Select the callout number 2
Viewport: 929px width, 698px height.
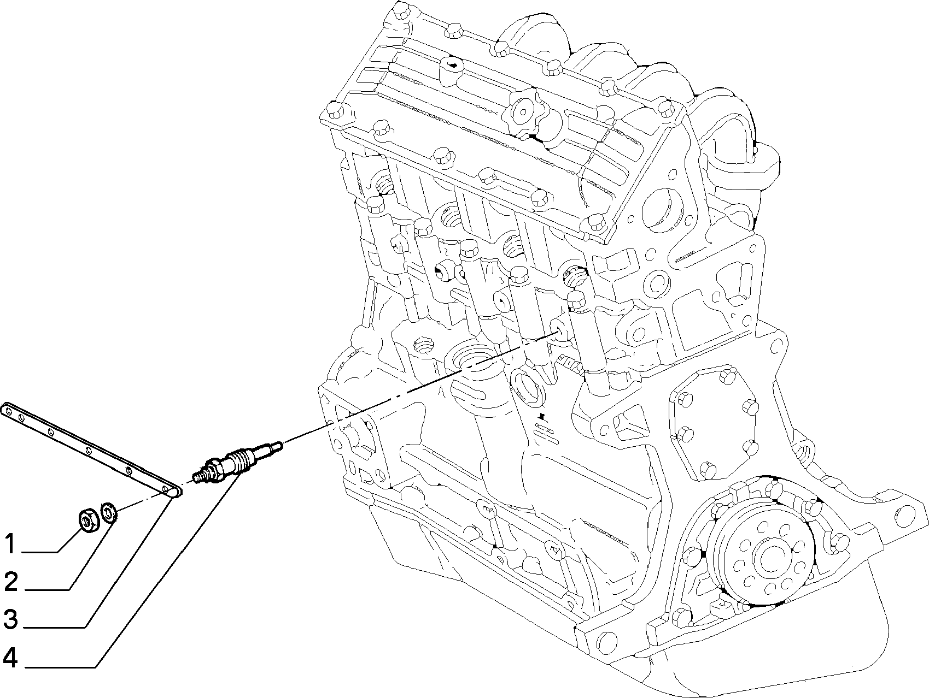coord(11,582)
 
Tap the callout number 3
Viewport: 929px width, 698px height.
coord(11,620)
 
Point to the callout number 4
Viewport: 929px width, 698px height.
coord(10,659)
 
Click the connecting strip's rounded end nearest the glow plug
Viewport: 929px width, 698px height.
coord(173,493)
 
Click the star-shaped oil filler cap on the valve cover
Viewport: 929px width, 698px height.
coord(521,113)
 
